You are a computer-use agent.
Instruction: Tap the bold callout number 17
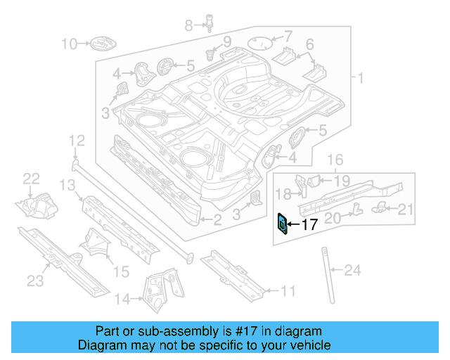[x=310, y=226]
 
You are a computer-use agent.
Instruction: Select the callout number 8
[x=188, y=26]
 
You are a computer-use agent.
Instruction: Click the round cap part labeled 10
[x=98, y=45]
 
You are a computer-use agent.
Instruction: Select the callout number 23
[x=35, y=282]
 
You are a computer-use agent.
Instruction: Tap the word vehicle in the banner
[x=306, y=345]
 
